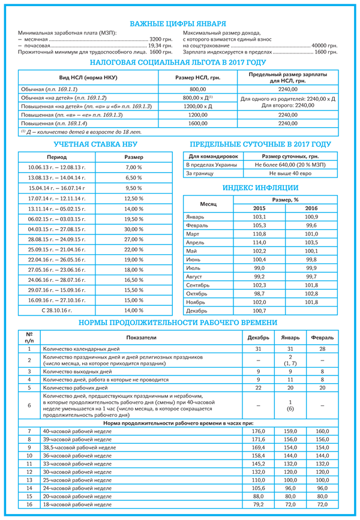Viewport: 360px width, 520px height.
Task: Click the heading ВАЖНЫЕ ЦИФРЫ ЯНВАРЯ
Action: click(x=179, y=23)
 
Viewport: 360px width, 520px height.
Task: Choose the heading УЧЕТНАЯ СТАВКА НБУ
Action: click(x=91, y=145)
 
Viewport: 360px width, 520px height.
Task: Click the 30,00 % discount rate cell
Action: click(x=133, y=229)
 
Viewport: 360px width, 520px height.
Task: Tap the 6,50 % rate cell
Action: click(x=133, y=178)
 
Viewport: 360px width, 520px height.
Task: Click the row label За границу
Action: click(x=200, y=173)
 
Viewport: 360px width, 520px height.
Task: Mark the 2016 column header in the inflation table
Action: click(x=311, y=208)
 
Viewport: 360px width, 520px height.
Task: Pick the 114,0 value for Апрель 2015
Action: click(x=259, y=242)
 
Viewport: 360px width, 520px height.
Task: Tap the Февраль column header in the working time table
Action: click(x=322, y=338)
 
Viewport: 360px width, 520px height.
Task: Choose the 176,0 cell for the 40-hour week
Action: click(x=258, y=431)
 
